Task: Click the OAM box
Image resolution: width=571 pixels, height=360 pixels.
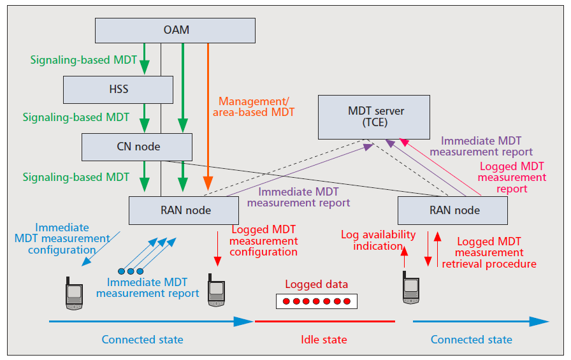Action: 175,30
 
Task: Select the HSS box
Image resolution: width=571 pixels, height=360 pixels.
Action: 118,89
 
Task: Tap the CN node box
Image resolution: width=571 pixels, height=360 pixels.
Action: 137,147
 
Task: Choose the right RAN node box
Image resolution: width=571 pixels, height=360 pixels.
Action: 452,210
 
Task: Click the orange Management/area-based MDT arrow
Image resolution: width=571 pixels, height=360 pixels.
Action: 208,115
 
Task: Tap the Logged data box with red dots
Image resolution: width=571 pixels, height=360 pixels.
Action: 317,301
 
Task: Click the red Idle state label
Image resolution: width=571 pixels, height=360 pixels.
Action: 324,340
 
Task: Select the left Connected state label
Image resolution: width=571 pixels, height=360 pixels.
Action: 142,340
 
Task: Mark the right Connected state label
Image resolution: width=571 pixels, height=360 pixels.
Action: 472,340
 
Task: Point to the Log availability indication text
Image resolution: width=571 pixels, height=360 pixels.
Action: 378,240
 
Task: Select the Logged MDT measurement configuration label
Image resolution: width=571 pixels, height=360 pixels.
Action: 264,240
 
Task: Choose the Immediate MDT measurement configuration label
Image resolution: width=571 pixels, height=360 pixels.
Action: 62,238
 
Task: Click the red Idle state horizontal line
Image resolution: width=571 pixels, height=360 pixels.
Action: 325,322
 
